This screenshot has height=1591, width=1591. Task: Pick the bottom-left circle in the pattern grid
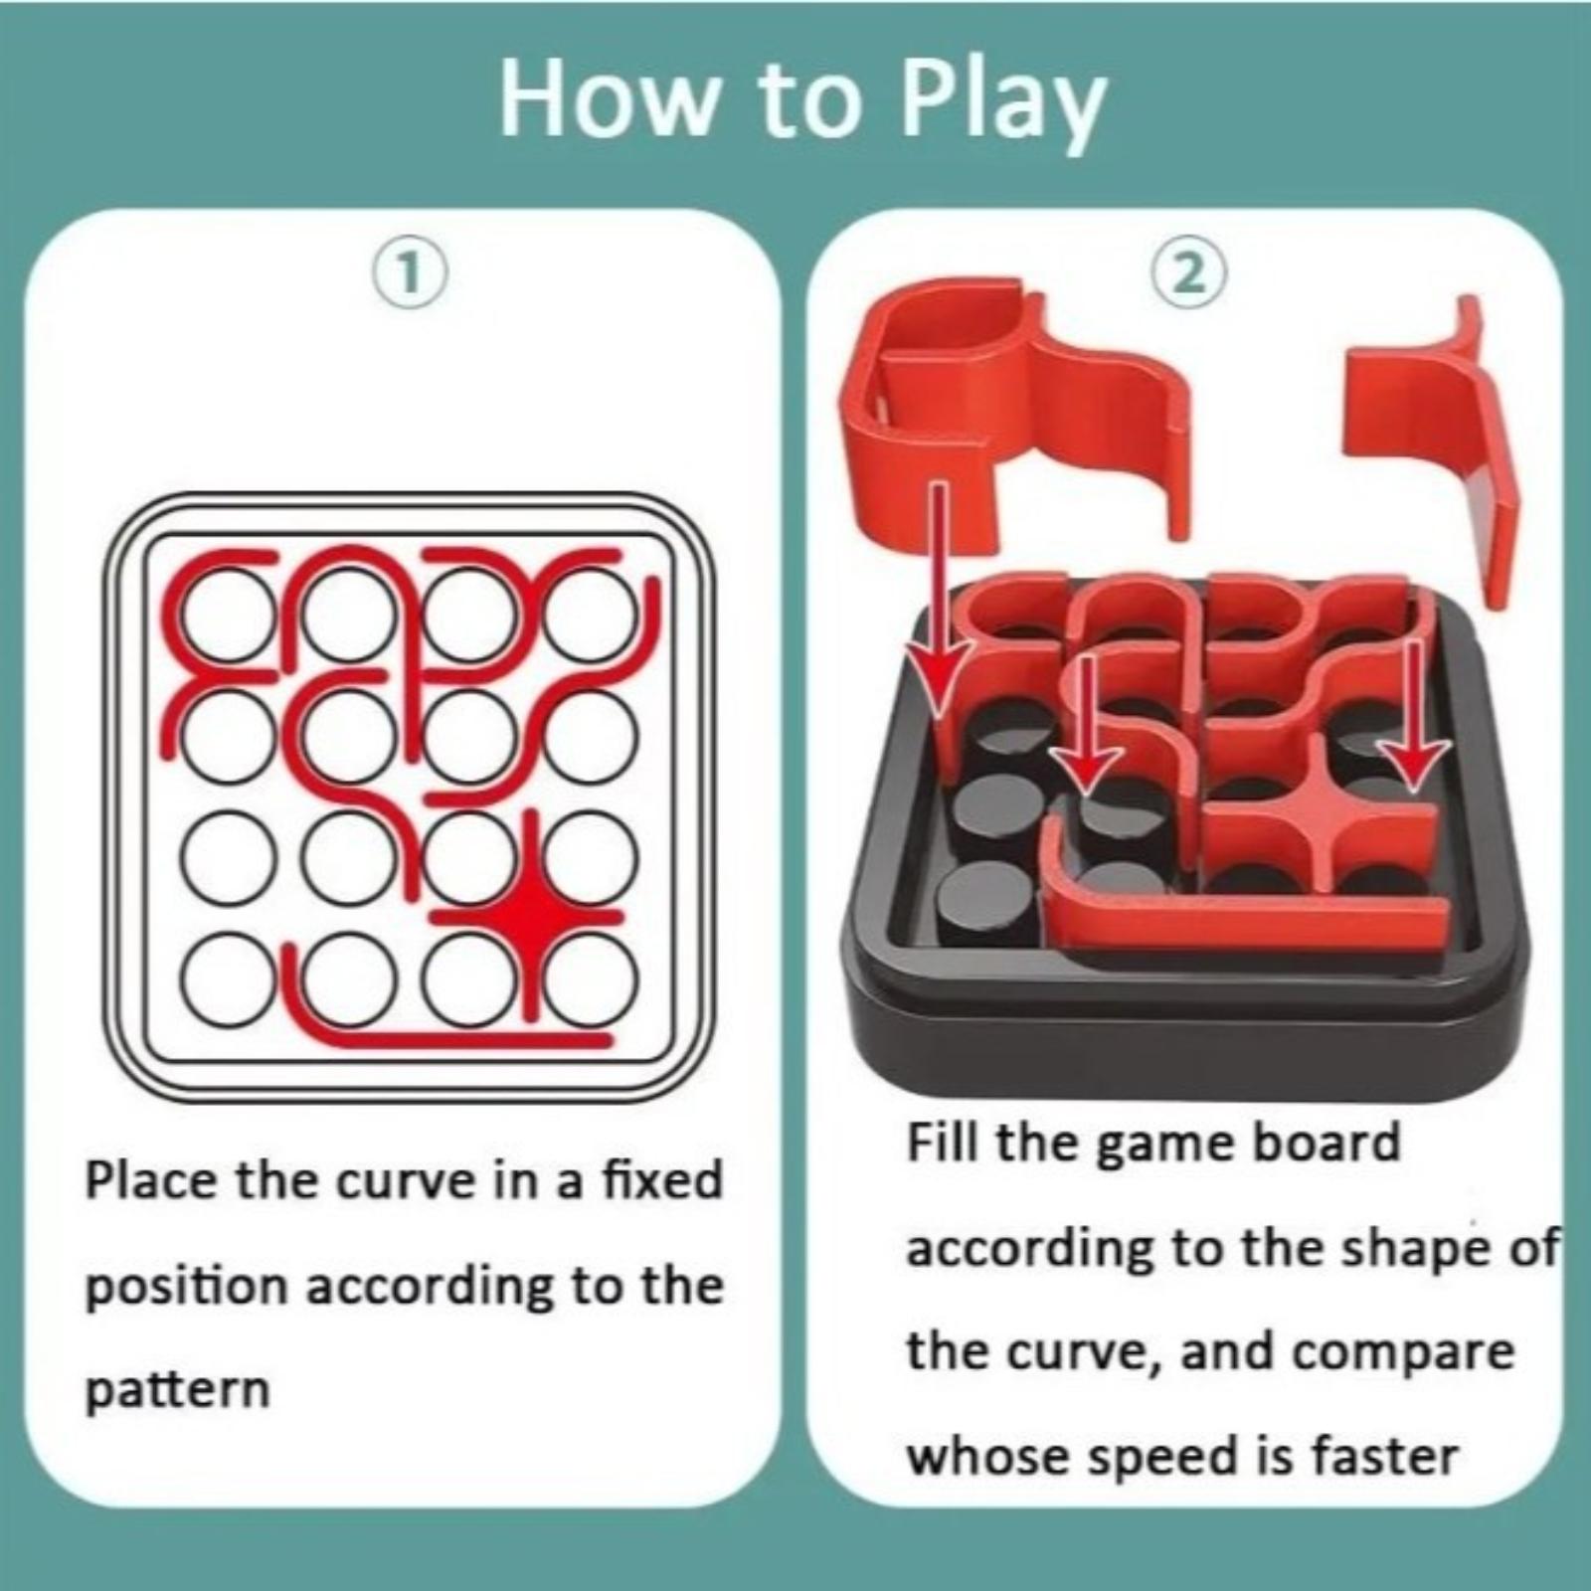pyautogui.click(x=227, y=979)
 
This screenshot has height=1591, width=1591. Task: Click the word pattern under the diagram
pyautogui.click(x=178, y=1391)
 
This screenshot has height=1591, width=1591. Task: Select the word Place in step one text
pyautogui.click(x=153, y=1180)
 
